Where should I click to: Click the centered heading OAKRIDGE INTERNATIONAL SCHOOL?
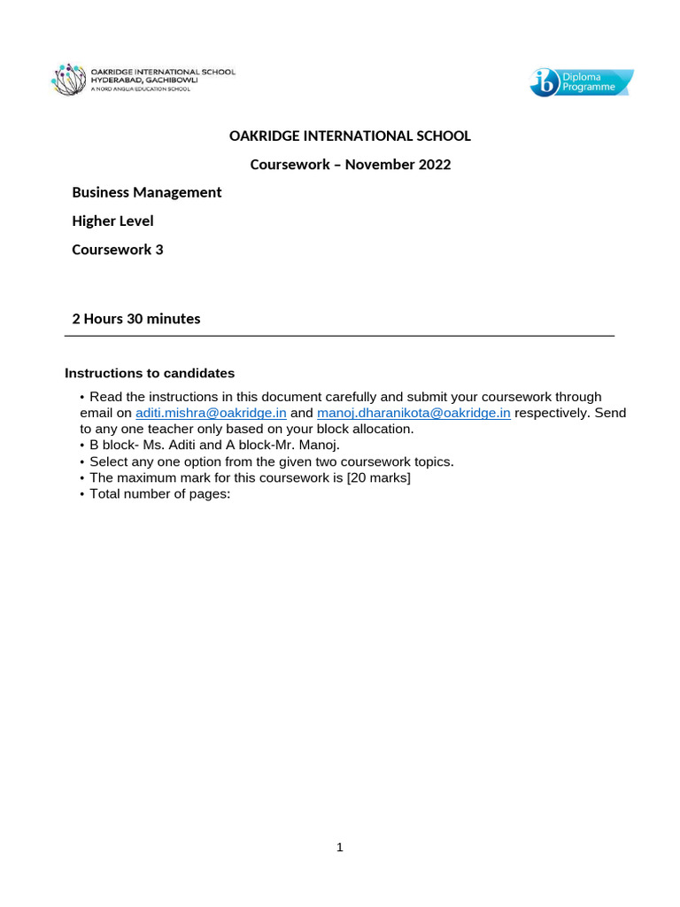coord(350,136)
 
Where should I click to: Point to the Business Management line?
coord(147,192)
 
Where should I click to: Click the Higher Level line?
coord(112,221)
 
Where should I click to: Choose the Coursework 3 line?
coord(118,250)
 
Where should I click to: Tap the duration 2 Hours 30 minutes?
coord(136,319)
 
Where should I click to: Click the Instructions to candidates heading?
coord(150,374)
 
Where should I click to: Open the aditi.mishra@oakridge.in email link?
coord(211,413)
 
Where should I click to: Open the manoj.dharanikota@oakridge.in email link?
coord(413,413)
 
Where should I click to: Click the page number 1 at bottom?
coord(340,848)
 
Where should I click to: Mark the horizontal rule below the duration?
coord(340,337)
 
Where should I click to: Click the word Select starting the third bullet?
coord(108,461)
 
